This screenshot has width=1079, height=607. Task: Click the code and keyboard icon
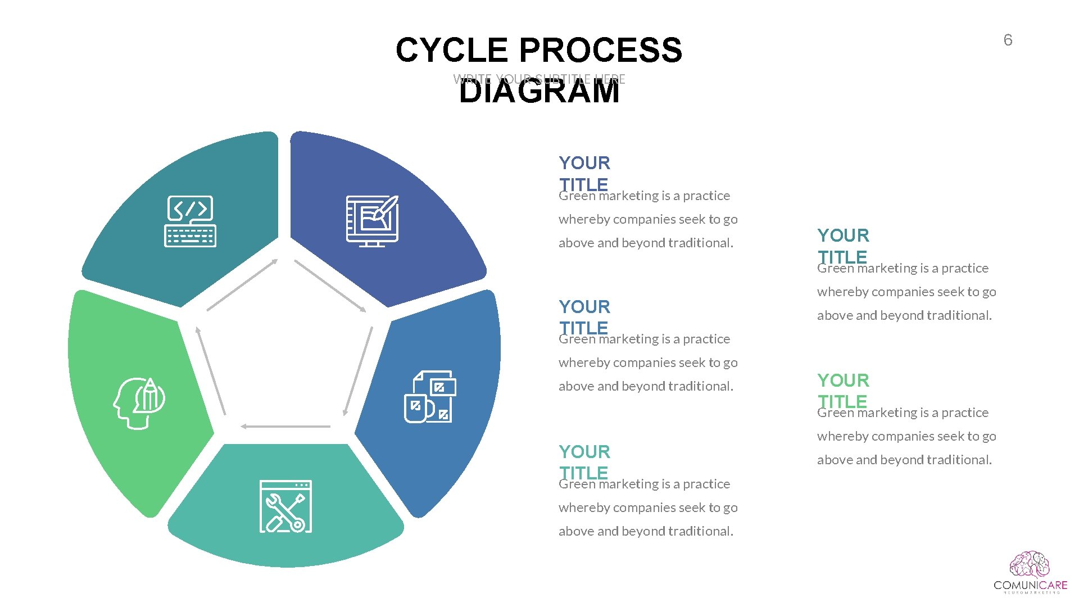tap(190, 221)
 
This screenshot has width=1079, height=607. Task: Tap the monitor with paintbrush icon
tap(372, 221)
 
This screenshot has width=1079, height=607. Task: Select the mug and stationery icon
tap(430, 397)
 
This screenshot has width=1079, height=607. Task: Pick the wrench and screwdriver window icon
tap(285, 506)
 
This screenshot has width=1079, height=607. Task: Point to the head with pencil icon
tap(139, 403)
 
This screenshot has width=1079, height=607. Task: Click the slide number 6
tap(1008, 40)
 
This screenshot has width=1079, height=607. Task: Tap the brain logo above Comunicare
tap(1030, 564)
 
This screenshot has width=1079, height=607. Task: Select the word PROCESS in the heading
tap(601, 50)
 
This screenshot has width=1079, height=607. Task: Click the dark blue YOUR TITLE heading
tap(584, 173)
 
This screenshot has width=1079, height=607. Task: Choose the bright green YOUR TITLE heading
tap(843, 391)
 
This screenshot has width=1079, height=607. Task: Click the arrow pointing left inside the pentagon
tap(285, 427)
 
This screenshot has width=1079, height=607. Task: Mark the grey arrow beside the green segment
tap(211, 371)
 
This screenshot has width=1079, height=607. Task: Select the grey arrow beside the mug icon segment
tap(358, 371)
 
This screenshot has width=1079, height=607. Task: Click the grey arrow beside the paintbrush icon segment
tap(330, 286)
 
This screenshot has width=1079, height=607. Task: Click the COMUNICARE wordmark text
tap(1030, 586)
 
